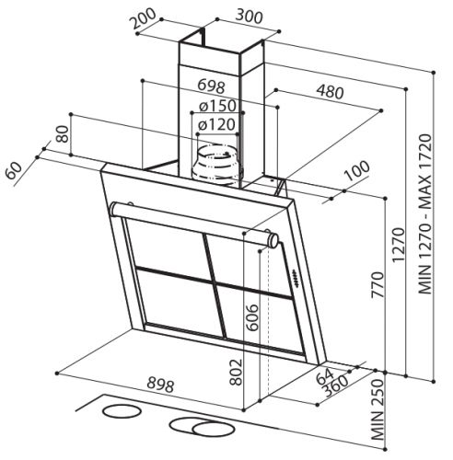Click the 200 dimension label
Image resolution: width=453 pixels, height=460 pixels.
click(x=143, y=19)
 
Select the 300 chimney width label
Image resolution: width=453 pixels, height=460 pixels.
click(x=250, y=17)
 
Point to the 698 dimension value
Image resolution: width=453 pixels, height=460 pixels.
click(x=212, y=86)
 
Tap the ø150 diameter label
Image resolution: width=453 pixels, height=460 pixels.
click(x=217, y=106)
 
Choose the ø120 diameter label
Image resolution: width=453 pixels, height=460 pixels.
click(x=216, y=124)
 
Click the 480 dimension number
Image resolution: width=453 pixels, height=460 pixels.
click(x=330, y=91)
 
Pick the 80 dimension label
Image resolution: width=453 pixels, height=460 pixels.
click(x=64, y=134)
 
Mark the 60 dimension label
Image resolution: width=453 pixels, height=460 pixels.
click(x=14, y=170)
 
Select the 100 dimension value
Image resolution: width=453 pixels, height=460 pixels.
click(x=357, y=170)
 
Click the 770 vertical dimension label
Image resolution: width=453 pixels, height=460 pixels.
click(x=377, y=284)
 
